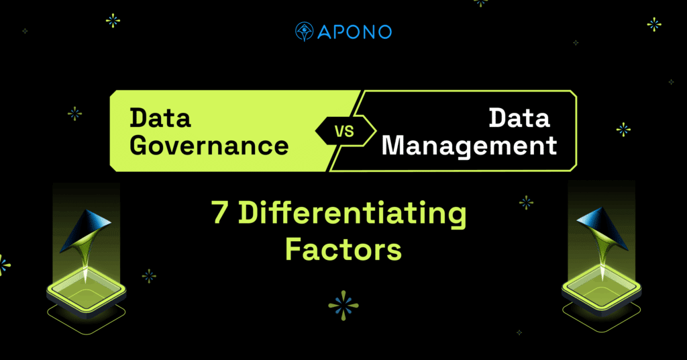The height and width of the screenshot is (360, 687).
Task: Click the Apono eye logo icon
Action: point(304,32)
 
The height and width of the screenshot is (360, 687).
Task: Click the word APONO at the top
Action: point(354,32)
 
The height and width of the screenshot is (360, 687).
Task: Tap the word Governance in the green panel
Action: point(209,146)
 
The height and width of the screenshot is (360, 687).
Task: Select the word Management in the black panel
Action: point(469,146)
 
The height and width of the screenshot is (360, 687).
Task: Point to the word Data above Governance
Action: point(160,118)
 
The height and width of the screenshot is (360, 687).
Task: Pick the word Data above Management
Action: point(519,118)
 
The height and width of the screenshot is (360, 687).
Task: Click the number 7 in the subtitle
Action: point(220,213)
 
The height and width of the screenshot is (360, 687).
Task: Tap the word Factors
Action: point(343,249)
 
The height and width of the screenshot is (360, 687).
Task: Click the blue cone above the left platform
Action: point(86,231)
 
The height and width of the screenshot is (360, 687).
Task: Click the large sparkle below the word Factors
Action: point(343,306)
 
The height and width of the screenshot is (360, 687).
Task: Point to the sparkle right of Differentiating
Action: point(526,202)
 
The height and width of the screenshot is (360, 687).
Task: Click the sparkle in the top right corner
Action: point(654,24)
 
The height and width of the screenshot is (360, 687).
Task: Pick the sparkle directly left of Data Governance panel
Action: point(75,114)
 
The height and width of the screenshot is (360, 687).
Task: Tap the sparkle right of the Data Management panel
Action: point(623,130)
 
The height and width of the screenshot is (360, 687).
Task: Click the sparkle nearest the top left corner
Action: point(25,31)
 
